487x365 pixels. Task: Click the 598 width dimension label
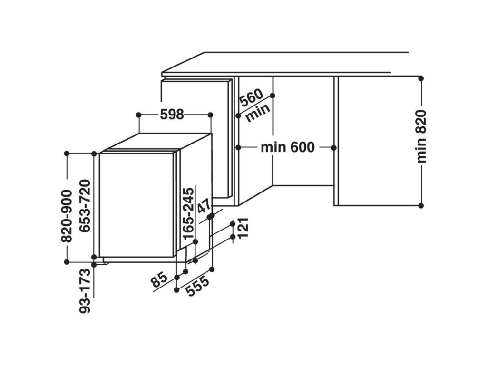click(172, 115)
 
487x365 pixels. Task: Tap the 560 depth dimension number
click(251, 99)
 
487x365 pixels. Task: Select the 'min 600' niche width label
click(287, 147)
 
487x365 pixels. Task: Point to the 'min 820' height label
click(421, 136)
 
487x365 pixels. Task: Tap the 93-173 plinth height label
click(85, 291)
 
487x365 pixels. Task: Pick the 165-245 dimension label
click(189, 212)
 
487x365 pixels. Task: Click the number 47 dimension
click(204, 207)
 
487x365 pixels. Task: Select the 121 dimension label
click(243, 229)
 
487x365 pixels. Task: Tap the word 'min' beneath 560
click(258, 113)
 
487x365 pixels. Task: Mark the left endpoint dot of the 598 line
click(138, 115)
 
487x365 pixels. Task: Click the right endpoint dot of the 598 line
click(211, 115)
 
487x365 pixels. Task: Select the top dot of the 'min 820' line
click(421, 77)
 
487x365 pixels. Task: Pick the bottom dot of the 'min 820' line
click(421, 205)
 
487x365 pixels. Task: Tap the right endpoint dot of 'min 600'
click(335, 147)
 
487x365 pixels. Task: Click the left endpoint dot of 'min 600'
click(238, 147)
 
